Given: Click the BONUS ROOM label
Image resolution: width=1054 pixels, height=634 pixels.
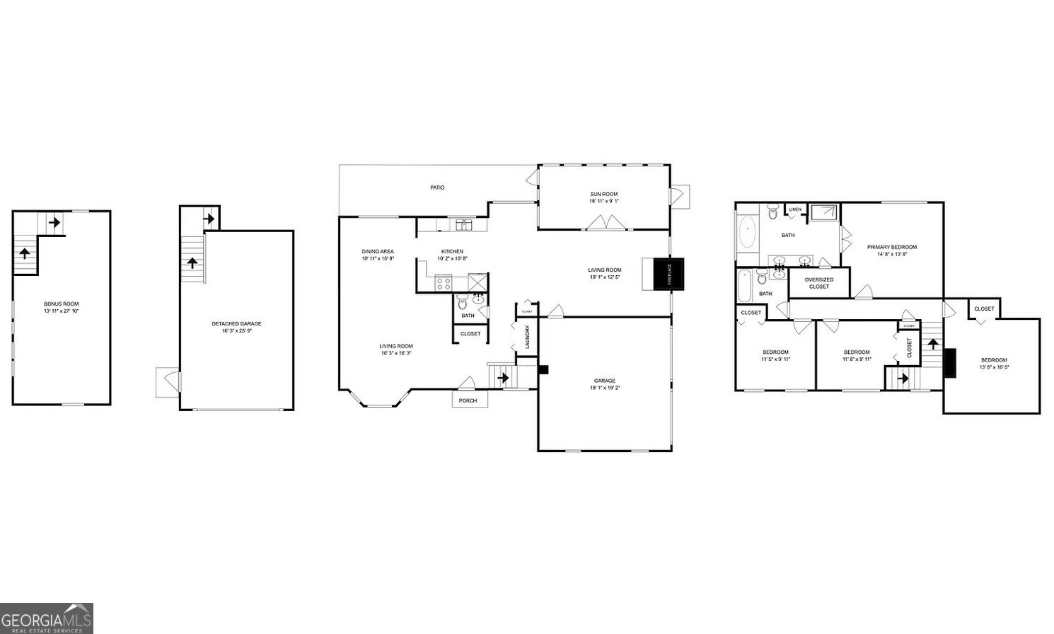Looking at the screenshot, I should coord(61,304).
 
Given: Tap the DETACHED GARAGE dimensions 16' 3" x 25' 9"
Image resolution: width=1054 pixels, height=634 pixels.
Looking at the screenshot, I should coord(236,330).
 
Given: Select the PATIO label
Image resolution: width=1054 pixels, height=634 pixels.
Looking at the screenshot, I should coord(437,188).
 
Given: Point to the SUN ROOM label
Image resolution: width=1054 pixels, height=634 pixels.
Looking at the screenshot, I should coord(604,193).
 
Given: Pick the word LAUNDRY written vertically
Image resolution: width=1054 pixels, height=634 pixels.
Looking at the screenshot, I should coord(528,336).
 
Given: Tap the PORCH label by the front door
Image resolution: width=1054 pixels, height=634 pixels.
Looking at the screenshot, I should coord(468,400).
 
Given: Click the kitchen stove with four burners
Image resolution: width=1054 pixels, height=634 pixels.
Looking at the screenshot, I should coord(444,283).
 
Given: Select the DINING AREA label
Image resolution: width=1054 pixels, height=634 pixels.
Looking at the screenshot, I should coord(378,251).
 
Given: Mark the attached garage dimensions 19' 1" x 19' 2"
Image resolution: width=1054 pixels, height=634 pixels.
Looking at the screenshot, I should coord(604,388).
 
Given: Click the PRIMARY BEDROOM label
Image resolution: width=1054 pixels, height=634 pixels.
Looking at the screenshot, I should coord(892,247).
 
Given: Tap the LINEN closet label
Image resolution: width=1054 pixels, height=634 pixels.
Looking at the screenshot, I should coord(795,209).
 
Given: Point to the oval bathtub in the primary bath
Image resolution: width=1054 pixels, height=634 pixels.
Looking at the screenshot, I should coord(746,232).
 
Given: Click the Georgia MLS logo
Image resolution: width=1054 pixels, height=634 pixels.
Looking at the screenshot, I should coord(47,618).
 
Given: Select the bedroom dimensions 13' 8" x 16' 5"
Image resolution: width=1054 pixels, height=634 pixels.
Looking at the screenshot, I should coord(993,367).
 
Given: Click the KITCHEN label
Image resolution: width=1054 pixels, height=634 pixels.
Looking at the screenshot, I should coord(452,251).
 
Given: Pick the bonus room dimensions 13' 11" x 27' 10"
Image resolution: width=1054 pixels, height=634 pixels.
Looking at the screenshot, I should coord(61,311).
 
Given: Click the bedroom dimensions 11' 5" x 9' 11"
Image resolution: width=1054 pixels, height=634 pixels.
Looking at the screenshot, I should coord(775,359).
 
